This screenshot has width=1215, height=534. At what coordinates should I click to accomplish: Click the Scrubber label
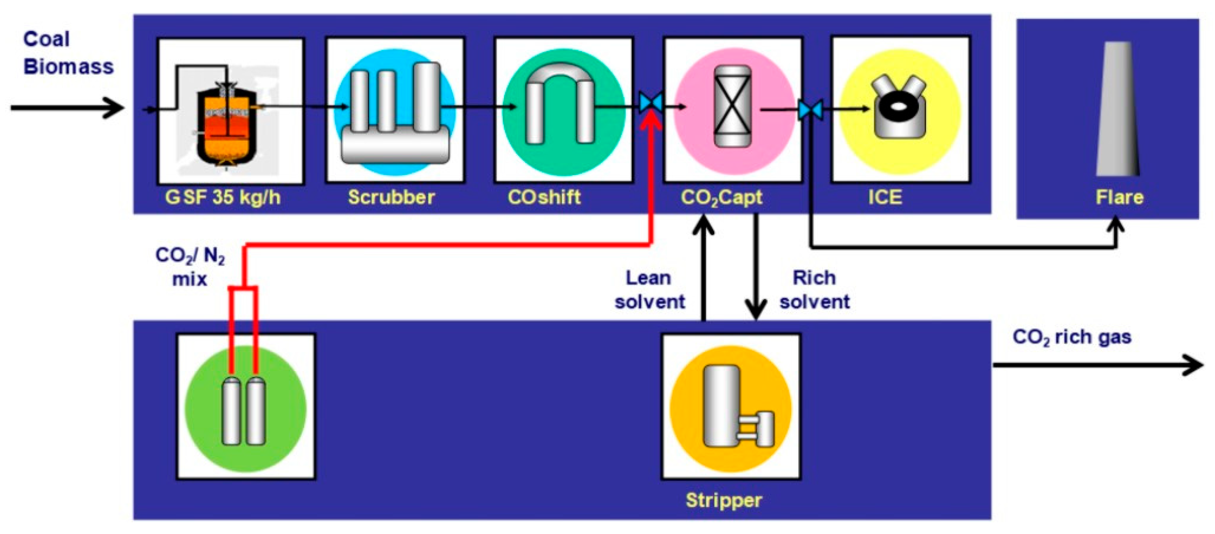point(391,197)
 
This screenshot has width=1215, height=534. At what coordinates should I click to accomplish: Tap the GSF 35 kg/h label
point(222,197)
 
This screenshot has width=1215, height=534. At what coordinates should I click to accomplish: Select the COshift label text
point(544,197)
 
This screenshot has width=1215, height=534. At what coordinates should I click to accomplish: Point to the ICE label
point(885,197)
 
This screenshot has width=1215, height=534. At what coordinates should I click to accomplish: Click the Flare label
point(1119,197)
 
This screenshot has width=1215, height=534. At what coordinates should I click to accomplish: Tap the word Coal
point(46,39)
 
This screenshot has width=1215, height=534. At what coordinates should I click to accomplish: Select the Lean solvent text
point(649,289)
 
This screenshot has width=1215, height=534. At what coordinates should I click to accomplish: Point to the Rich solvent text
point(814,289)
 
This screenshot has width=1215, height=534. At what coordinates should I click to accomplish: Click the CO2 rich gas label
point(1072,337)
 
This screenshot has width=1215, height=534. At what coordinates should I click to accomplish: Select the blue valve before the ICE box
point(810,110)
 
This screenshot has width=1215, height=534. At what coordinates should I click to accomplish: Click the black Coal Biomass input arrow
point(67,108)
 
